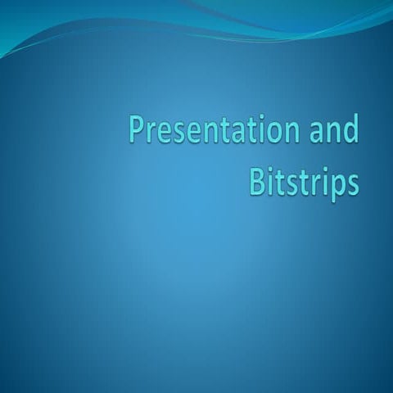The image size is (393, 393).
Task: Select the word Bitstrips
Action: click(304, 182)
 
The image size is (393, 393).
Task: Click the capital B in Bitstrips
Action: click(256, 181)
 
